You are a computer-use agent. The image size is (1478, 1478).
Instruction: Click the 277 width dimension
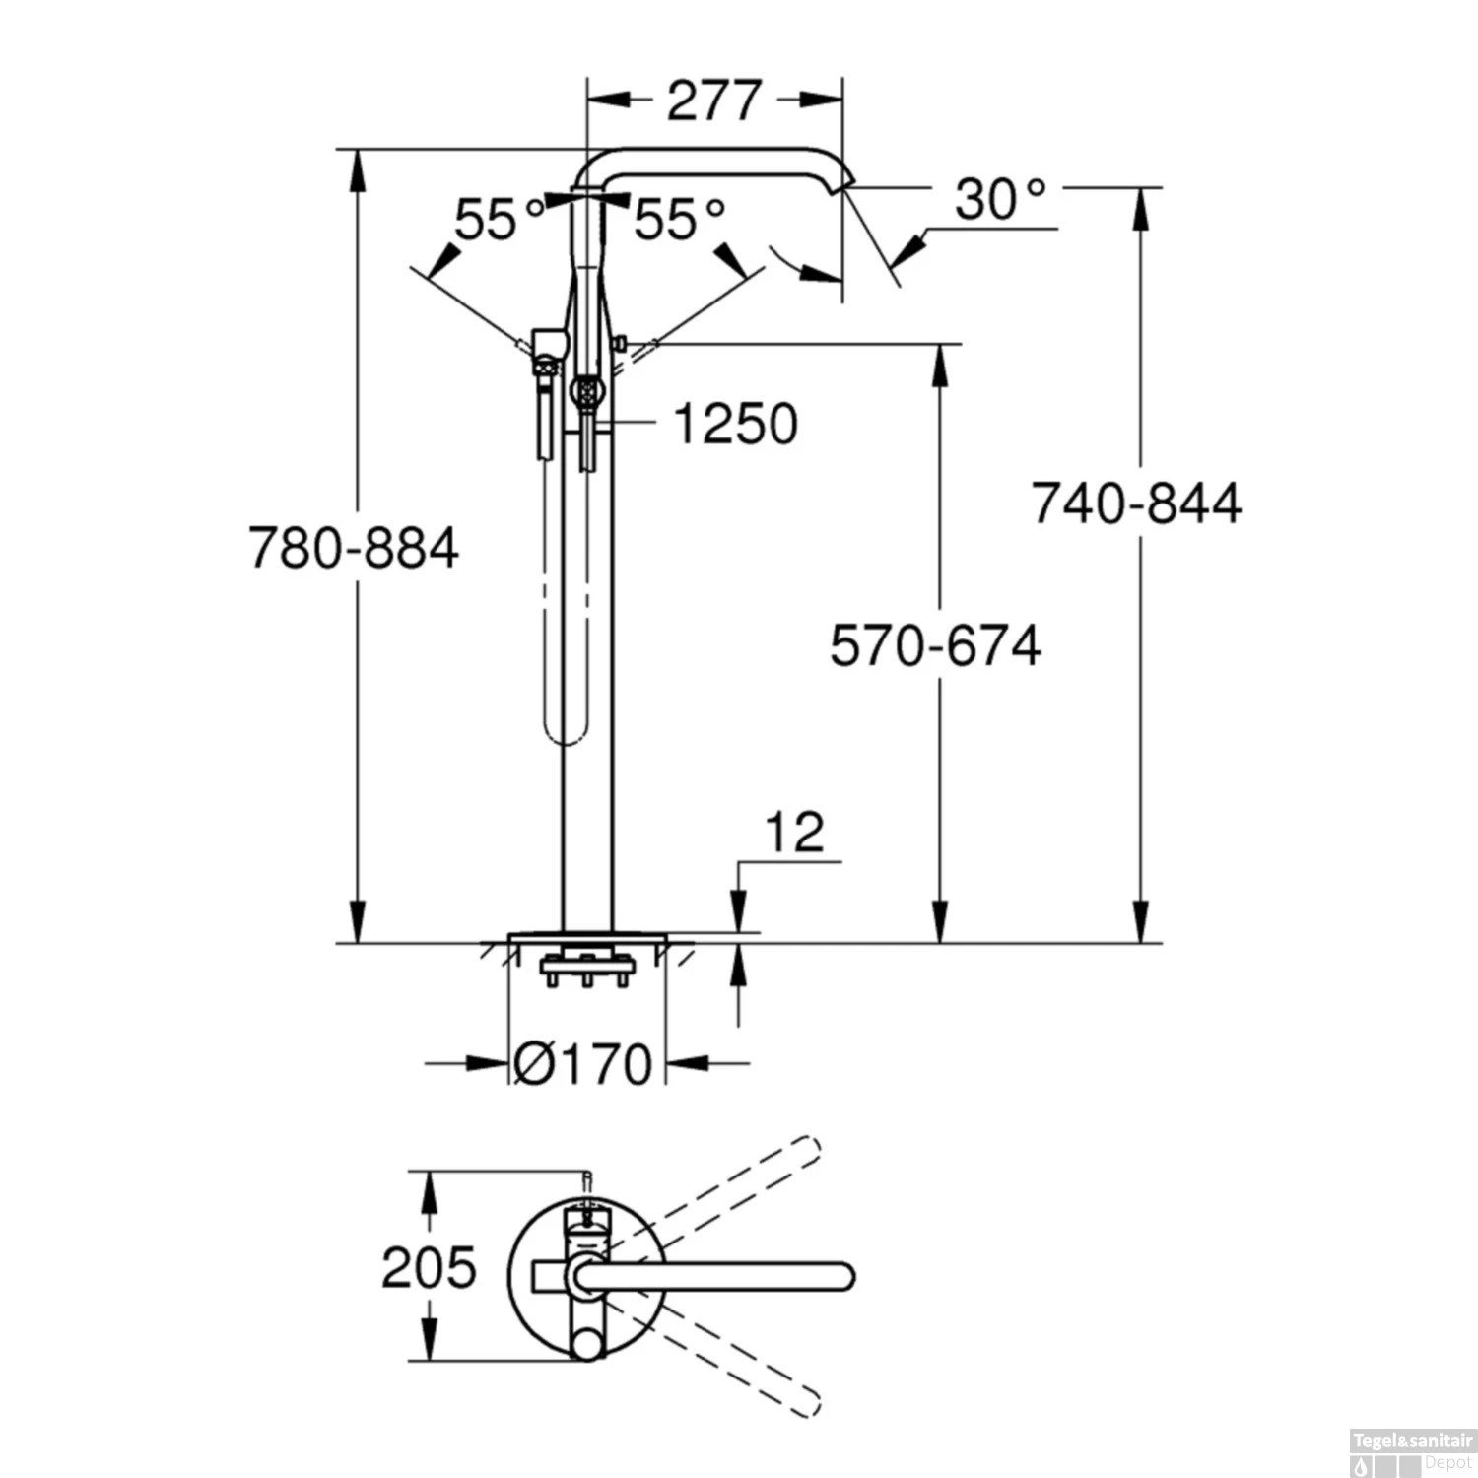pos(714,101)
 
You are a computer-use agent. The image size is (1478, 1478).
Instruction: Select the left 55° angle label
pos(499,220)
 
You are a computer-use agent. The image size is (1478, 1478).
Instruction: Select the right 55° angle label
pos(679,219)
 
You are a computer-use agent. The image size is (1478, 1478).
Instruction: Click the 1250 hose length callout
pos(735,425)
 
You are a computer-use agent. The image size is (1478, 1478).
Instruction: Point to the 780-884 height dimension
pos(353,548)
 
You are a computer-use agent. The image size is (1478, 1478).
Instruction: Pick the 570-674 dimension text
pos(935,646)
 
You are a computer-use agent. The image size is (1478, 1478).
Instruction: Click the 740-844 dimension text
pos(1136,503)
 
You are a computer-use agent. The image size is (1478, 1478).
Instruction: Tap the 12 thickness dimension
pos(794,834)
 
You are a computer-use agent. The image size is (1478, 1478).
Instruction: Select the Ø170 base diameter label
pos(583,1064)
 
